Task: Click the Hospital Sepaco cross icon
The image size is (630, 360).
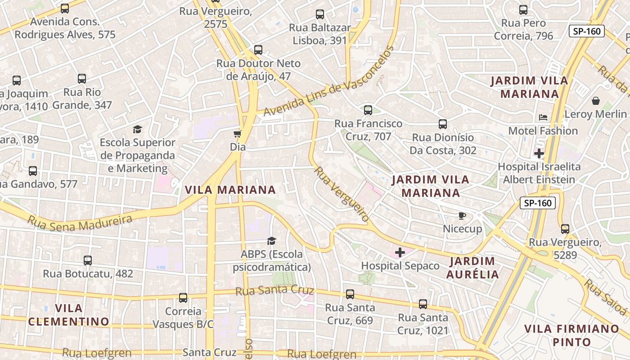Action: [x=400, y=252]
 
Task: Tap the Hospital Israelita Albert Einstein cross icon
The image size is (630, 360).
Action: [x=539, y=153]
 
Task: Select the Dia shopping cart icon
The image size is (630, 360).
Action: [x=237, y=134]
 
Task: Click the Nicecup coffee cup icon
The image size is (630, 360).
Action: [x=462, y=216]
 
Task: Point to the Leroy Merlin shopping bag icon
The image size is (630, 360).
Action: [x=596, y=101]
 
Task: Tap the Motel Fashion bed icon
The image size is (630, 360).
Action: [x=543, y=117]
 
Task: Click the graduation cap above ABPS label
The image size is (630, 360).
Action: [x=271, y=241]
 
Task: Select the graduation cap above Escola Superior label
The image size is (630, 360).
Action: [x=137, y=130]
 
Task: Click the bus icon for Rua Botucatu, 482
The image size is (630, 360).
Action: [x=88, y=260]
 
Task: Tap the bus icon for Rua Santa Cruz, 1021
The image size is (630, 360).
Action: [x=423, y=304]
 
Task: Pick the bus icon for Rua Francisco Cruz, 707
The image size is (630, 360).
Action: [x=368, y=110]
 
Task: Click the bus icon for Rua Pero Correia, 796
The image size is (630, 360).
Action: [x=523, y=10]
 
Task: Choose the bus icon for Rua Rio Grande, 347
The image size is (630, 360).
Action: [x=82, y=79]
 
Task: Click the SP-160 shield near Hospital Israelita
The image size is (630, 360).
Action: [x=538, y=203]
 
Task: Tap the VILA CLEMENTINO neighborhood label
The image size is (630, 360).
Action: [x=68, y=315]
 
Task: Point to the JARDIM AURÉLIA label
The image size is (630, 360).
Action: [x=472, y=268]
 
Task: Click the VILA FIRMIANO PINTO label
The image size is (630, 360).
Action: [x=571, y=335]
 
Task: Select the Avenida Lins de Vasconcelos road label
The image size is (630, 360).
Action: [x=328, y=82]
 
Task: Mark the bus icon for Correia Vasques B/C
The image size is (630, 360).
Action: [x=183, y=297]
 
